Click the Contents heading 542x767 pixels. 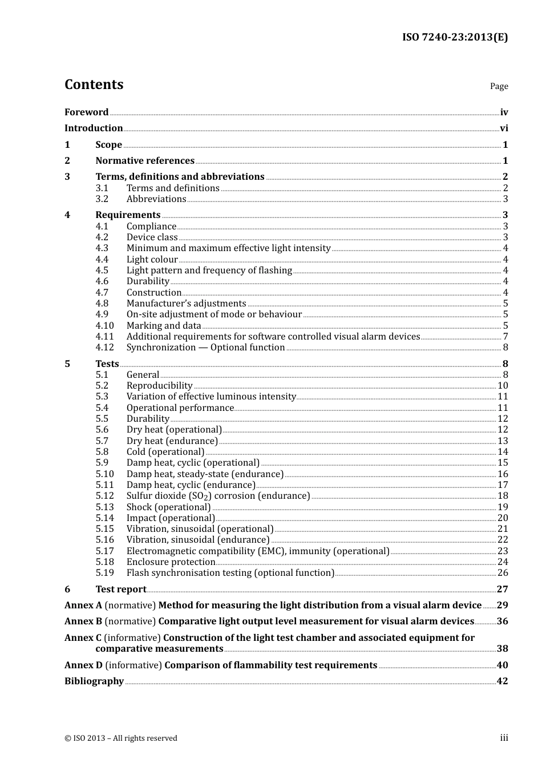click(94, 84)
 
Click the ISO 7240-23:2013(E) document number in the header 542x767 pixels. click(455, 37)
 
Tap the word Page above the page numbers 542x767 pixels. click(499, 86)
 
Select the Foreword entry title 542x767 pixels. click(86, 112)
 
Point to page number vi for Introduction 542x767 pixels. click(504, 128)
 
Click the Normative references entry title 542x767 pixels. click(145, 161)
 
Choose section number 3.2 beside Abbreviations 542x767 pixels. click(102, 199)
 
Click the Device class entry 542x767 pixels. click(152, 237)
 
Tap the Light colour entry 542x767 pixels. click(152, 260)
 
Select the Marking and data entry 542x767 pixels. click(164, 326)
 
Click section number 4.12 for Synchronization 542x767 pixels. click(105, 348)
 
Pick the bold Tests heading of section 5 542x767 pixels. click(107, 364)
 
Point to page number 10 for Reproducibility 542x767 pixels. click(503, 386)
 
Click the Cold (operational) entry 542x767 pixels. click(165, 452)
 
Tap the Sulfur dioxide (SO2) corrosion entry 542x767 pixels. click(218, 496)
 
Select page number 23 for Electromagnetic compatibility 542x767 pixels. click(503, 551)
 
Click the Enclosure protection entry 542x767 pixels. click(171, 562)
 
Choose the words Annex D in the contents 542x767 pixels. click(83, 665)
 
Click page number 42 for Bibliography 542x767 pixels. click(502, 681)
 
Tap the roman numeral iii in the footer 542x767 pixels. click(504, 738)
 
